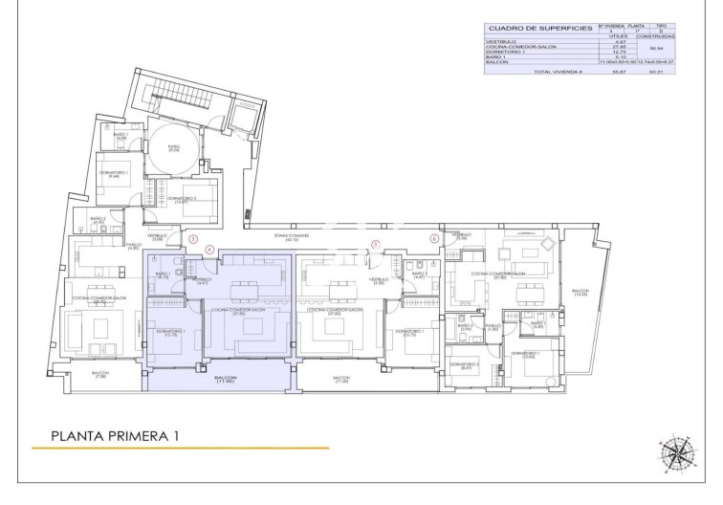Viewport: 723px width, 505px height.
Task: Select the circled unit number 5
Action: pos(376,245)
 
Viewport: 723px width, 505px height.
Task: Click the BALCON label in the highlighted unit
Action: pos(226,380)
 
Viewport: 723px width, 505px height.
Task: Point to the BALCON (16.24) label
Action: pos(581,293)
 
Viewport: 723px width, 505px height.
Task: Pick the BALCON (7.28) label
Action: pos(100,375)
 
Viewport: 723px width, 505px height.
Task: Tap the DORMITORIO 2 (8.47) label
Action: pos(465,367)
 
